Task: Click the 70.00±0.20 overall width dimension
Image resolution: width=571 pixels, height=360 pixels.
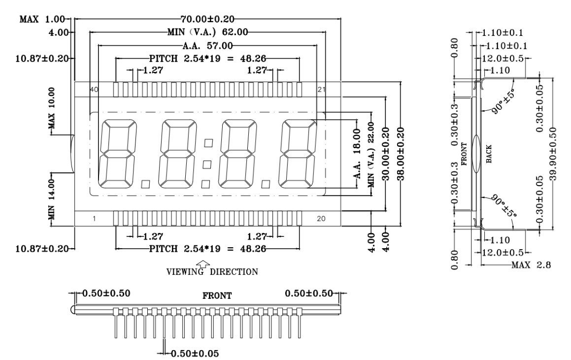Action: pos(207,19)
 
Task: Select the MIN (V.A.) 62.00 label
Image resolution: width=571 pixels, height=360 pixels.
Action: pos(207,32)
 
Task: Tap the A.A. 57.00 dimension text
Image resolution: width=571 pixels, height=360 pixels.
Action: pos(207,45)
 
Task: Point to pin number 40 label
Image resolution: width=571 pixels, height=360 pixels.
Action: pos(94,89)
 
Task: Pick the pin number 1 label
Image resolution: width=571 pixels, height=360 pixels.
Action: pos(94,218)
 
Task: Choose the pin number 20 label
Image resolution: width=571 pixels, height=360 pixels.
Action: pos(321,218)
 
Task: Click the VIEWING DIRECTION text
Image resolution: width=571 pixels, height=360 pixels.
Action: pos(212,271)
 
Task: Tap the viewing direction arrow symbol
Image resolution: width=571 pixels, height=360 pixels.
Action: pos(203,264)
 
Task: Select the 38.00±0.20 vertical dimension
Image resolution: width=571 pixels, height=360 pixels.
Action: pos(400,154)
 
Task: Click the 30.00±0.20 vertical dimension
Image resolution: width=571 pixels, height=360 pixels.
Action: pos(386,154)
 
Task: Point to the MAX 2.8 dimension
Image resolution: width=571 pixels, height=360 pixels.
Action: pos(531,264)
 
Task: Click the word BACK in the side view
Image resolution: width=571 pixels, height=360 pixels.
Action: pos(489,154)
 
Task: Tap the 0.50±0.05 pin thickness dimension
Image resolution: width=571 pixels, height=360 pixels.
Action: pos(195,353)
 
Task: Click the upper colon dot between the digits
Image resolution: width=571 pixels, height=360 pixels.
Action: pos(208,143)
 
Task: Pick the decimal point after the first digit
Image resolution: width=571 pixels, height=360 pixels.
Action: pos(145,184)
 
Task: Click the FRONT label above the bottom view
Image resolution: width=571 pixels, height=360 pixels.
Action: pos(217,295)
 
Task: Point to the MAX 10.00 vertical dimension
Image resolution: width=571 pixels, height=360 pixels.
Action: pos(52,108)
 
